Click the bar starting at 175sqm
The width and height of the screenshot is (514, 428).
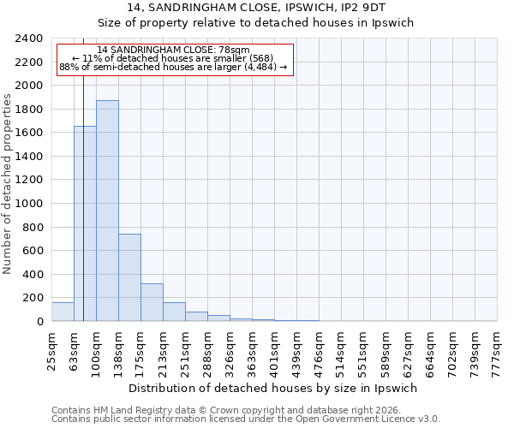point(152,302)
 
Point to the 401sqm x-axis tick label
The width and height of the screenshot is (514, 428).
point(274,349)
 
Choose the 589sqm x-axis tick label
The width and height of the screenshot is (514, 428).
point(385,349)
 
